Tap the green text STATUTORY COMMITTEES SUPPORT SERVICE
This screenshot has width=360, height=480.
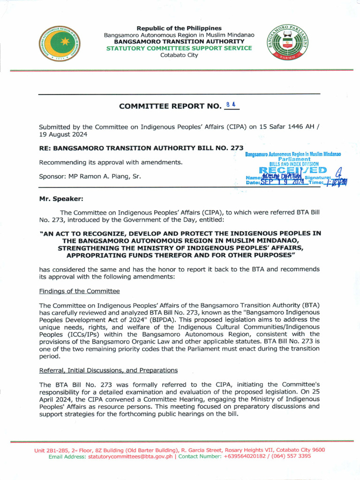click(x=179, y=48)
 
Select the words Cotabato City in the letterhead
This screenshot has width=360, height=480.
click(x=179, y=55)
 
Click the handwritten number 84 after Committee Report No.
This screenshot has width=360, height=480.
click(x=230, y=105)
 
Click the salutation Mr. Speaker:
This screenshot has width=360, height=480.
click(x=61, y=199)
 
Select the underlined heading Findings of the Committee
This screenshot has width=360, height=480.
click(x=79, y=291)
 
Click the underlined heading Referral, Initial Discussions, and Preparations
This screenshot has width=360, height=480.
click(x=108, y=370)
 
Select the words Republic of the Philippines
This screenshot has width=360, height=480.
click(x=179, y=29)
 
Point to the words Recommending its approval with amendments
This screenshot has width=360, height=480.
click(x=111, y=163)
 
